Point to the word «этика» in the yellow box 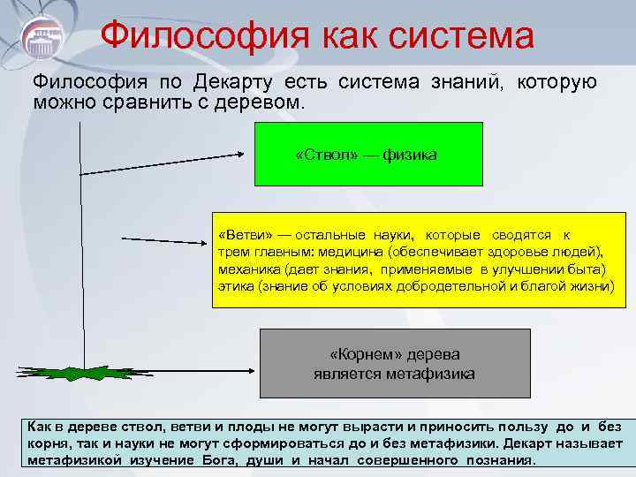[x=234, y=286]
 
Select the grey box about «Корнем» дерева [x=394, y=363]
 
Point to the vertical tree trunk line [x=82, y=247]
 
